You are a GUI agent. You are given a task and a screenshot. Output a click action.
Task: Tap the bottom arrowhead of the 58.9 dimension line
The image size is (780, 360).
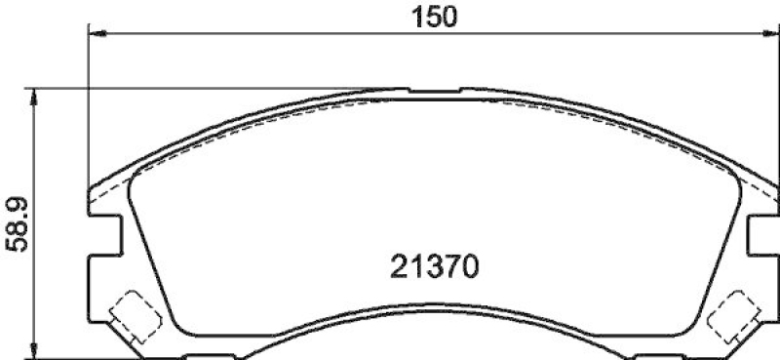(35, 352)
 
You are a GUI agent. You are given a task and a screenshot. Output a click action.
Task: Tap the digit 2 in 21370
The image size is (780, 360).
(398, 264)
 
